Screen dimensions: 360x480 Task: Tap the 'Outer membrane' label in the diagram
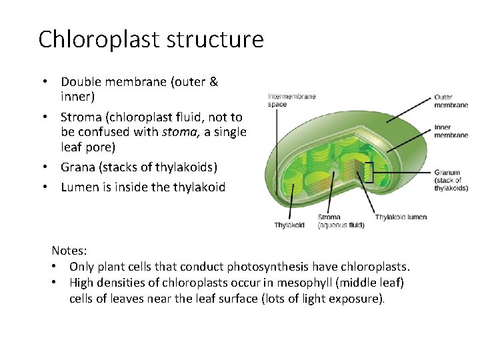click(x=452, y=101)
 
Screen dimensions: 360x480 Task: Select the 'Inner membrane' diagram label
click(x=451, y=131)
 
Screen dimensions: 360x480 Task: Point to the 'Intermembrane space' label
click(x=291, y=100)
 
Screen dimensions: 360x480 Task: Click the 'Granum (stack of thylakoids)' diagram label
click(x=451, y=180)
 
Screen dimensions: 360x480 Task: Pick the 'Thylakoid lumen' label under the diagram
click(x=401, y=217)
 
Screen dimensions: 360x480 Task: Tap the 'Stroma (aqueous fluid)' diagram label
click(x=340, y=221)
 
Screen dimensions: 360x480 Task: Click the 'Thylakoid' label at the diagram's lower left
click(x=289, y=225)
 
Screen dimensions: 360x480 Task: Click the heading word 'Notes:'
click(x=69, y=251)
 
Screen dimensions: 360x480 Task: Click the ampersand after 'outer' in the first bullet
click(x=213, y=82)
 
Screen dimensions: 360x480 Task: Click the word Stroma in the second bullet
click(x=81, y=117)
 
